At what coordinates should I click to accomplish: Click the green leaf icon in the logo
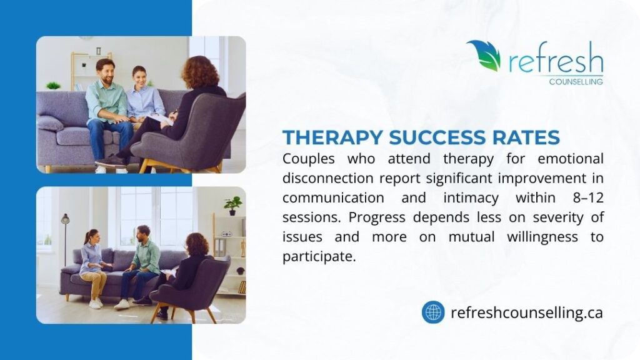tap(484, 55)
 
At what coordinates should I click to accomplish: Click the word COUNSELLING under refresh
tap(576, 81)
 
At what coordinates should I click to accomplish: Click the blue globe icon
tap(433, 312)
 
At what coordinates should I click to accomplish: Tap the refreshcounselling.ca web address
tap(526, 312)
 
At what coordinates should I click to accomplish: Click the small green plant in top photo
tap(54, 85)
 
